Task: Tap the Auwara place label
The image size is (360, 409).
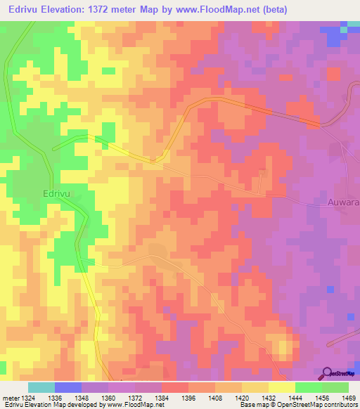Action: (343, 202)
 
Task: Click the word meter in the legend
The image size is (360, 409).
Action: (12, 397)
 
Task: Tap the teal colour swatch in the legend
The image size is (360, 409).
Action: (41, 387)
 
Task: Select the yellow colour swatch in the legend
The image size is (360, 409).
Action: (282, 387)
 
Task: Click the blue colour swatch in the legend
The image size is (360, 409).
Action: (68, 387)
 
